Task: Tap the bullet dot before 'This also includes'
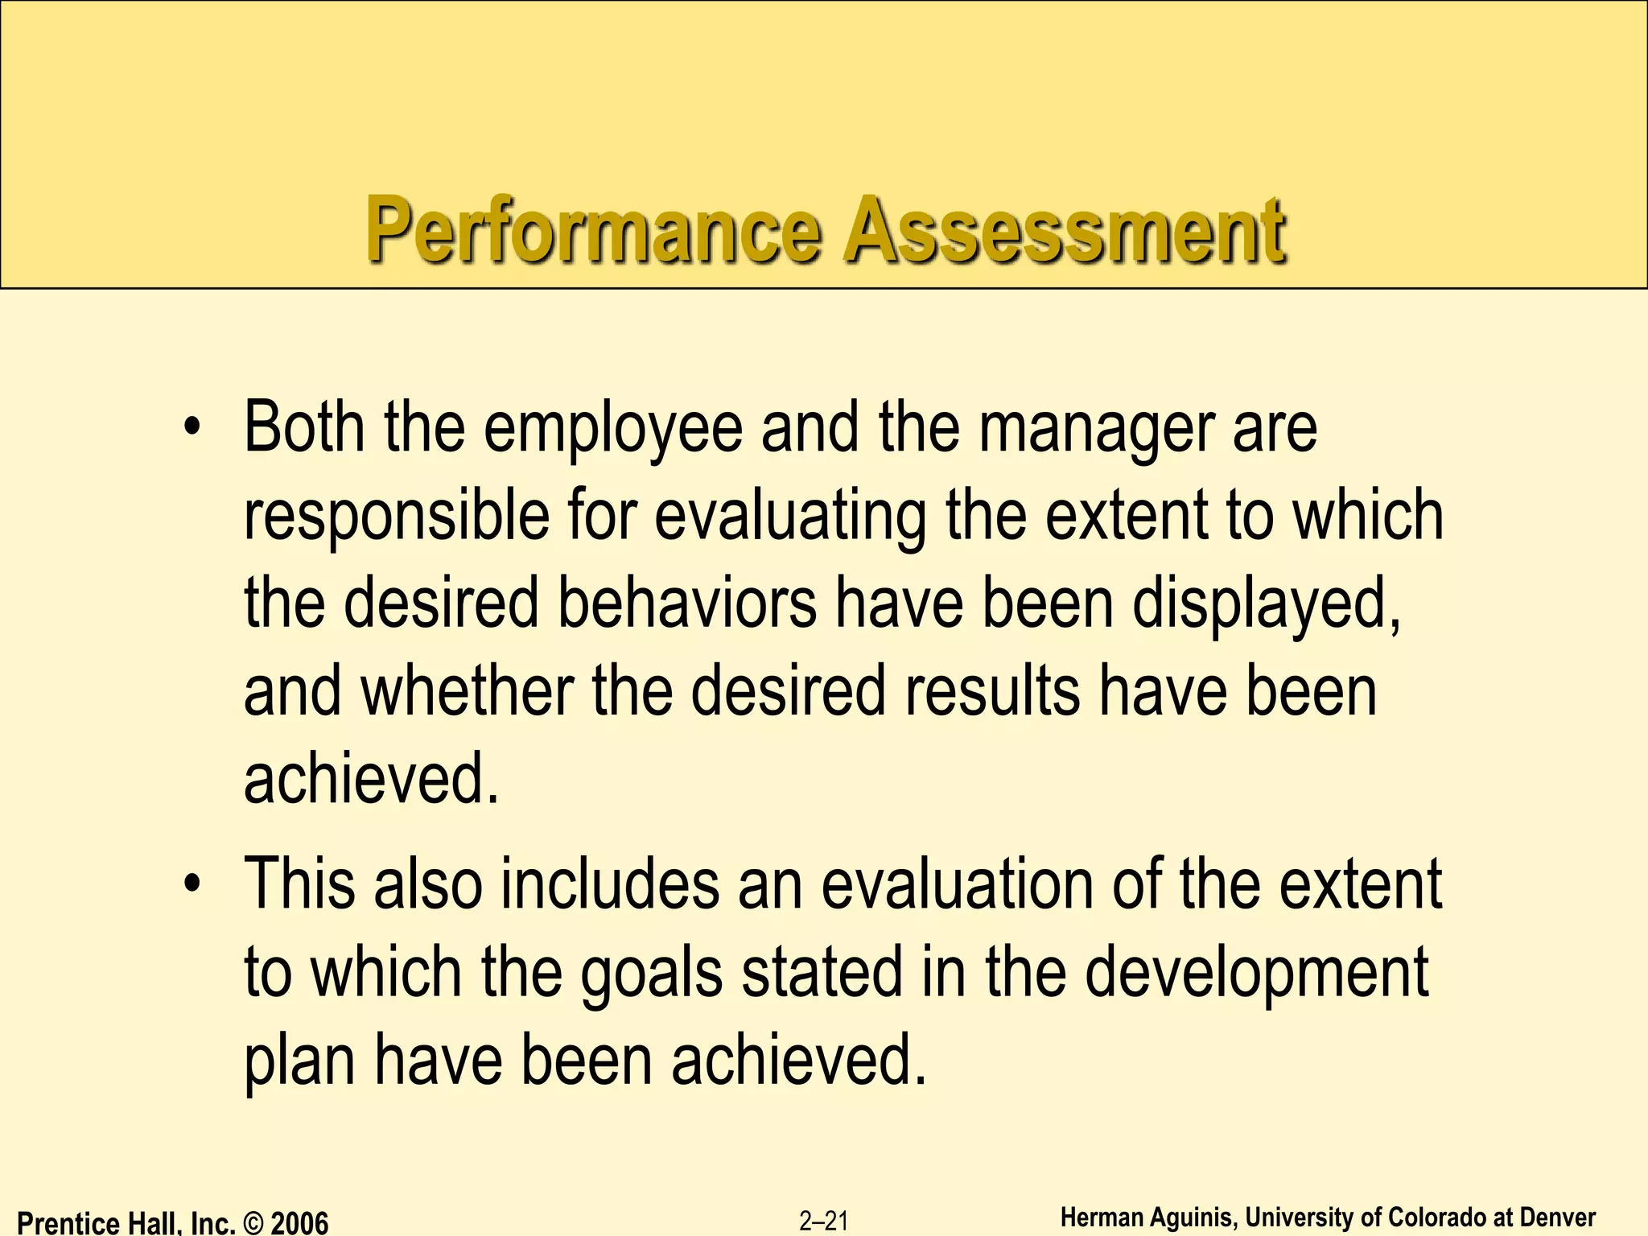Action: (x=191, y=884)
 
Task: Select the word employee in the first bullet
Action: (x=613, y=429)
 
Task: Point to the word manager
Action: (x=1096, y=429)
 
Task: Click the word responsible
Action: (x=396, y=517)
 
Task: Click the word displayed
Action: (x=1266, y=605)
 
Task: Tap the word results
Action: (x=991, y=691)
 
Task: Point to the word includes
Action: (x=610, y=884)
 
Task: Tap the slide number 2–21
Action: (x=824, y=1222)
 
